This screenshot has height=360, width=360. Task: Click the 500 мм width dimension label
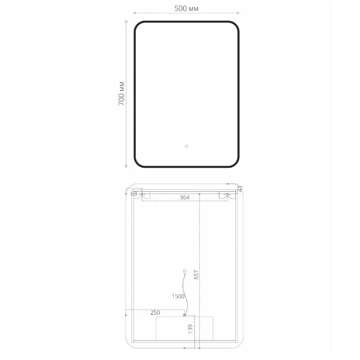(186, 9)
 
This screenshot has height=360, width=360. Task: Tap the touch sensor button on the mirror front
(186, 146)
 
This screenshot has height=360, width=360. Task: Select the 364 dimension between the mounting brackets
(184, 197)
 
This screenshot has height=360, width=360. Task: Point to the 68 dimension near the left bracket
(134, 193)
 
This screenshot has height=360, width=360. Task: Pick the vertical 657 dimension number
(196, 274)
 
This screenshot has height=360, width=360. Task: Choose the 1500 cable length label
(178, 296)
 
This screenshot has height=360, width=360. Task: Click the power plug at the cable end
(184, 272)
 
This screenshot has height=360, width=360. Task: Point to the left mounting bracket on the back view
(145, 195)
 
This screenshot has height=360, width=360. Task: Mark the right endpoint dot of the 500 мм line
(238, 13)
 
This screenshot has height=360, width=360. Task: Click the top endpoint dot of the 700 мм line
(126, 21)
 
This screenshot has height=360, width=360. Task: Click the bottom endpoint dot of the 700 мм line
(126, 166)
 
